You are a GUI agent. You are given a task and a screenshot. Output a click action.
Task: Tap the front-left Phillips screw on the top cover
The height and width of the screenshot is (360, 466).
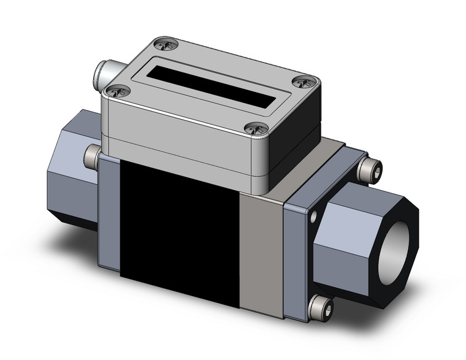(x=117, y=92)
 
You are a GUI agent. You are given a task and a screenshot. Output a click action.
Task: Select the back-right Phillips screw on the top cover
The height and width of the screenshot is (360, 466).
(x=304, y=82)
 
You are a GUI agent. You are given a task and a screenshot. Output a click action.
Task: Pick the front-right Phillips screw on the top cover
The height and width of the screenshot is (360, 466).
(x=256, y=128)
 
